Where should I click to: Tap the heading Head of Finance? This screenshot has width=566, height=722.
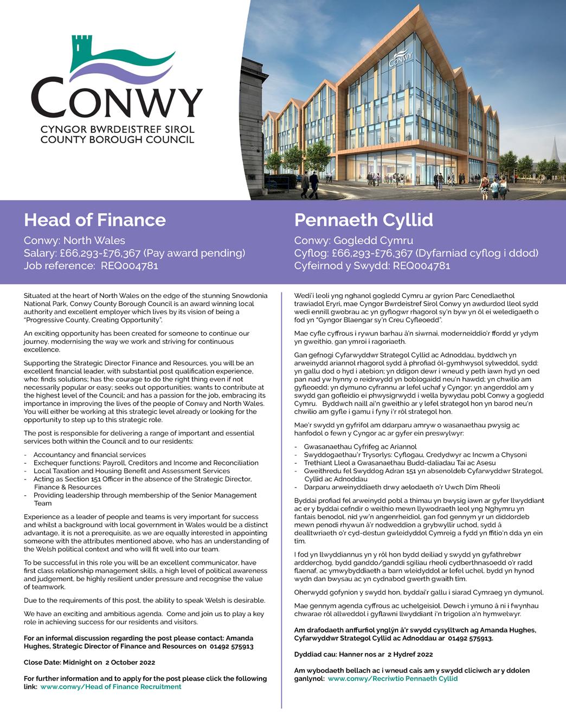(x=95, y=220)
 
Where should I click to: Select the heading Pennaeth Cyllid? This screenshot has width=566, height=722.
(x=363, y=220)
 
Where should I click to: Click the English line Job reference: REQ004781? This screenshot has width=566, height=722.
(x=91, y=266)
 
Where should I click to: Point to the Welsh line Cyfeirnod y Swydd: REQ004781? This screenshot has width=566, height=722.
(x=372, y=266)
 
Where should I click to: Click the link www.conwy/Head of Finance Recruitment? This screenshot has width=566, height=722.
(x=111, y=687)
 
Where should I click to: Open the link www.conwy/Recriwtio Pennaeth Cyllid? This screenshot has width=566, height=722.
(x=393, y=679)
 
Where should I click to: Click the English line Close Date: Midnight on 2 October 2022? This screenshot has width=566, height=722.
(x=89, y=662)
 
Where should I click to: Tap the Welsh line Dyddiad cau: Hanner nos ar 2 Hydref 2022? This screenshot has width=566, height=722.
(x=363, y=654)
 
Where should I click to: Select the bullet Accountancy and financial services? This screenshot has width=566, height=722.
(x=89, y=455)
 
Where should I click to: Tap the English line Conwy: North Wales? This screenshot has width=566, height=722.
(x=74, y=240)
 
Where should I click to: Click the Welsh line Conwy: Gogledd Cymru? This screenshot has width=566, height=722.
(x=353, y=240)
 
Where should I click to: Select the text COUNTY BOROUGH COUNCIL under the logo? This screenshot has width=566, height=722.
(x=117, y=139)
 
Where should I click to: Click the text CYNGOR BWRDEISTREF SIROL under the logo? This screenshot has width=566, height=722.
(x=117, y=130)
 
